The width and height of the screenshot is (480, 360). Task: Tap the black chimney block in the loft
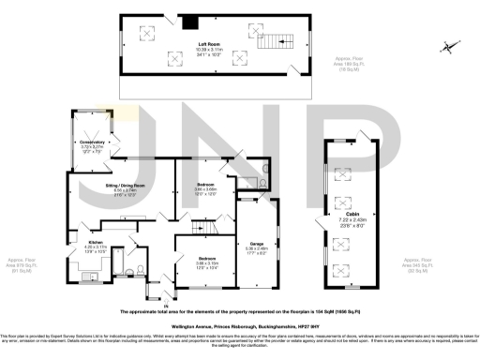(x=190, y=23)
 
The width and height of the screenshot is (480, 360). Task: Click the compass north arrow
(x=452, y=47)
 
